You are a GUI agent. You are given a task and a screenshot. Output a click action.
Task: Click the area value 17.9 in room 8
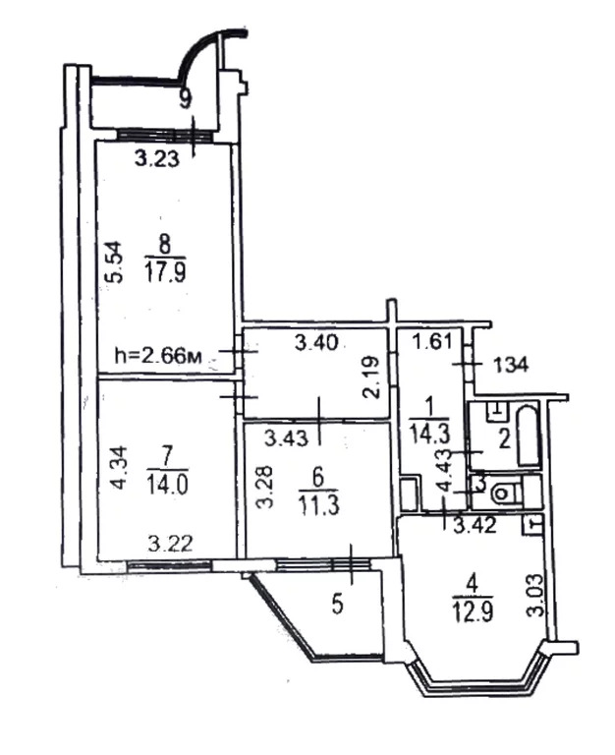point(165,271)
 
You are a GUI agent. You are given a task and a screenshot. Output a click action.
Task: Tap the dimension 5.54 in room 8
point(116,261)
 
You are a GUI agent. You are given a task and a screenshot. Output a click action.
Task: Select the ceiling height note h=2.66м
point(159,356)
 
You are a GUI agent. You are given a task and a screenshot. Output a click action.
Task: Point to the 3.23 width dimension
point(157,158)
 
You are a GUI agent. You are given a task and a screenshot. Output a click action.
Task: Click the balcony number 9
point(186,99)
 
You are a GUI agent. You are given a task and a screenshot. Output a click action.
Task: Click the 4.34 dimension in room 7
point(119,468)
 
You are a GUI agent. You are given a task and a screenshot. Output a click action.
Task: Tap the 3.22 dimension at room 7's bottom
point(171,544)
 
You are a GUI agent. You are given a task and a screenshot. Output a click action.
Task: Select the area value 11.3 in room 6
point(319,505)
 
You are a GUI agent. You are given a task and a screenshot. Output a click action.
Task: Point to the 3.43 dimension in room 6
point(287,437)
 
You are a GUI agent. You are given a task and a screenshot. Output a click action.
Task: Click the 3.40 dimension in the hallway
point(316,343)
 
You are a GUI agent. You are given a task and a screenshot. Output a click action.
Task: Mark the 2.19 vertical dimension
point(372,377)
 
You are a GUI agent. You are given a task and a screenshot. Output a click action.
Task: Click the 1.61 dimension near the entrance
point(432,342)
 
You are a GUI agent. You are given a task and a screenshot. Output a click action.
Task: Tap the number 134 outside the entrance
point(511,365)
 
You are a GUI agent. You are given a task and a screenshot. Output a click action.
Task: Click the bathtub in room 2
point(528,436)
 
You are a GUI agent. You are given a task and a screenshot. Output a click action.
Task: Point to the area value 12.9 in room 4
point(473,613)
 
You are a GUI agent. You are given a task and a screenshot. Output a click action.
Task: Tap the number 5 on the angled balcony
point(338,605)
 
